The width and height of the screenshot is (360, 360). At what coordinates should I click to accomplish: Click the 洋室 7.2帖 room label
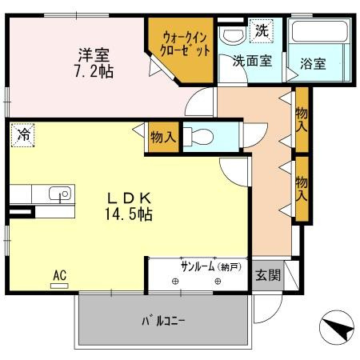coord(94,63)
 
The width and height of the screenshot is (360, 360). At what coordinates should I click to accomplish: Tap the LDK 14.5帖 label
coord(129,206)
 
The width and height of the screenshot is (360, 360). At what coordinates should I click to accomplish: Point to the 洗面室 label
coord(252,61)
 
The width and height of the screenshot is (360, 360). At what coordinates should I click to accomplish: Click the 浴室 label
coord(313,64)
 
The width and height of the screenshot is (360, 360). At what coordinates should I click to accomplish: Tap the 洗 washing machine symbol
coord(262,31)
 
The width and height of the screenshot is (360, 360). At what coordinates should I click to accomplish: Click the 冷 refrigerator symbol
coord(23,134)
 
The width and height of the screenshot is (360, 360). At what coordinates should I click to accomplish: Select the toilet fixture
coord(198,136)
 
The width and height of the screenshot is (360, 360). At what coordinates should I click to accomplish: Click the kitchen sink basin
coord(60,194)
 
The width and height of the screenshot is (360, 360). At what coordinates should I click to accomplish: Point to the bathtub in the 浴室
coord(319,31)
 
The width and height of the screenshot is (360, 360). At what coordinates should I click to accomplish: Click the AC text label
coord(60,275)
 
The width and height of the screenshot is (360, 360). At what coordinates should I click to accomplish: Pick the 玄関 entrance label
coord(268,275)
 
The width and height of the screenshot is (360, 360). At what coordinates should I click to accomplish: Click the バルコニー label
coord(163,321)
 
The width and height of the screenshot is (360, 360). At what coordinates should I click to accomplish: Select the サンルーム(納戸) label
coord(211,266)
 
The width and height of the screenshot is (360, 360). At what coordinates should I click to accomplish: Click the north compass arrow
coord(338,326)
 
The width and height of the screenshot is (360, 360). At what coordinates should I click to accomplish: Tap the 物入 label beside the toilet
coord(163,138)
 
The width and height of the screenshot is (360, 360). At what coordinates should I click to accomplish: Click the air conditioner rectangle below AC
coord(59,286)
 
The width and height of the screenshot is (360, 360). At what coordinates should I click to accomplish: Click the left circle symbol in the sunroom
coord(175,281)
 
